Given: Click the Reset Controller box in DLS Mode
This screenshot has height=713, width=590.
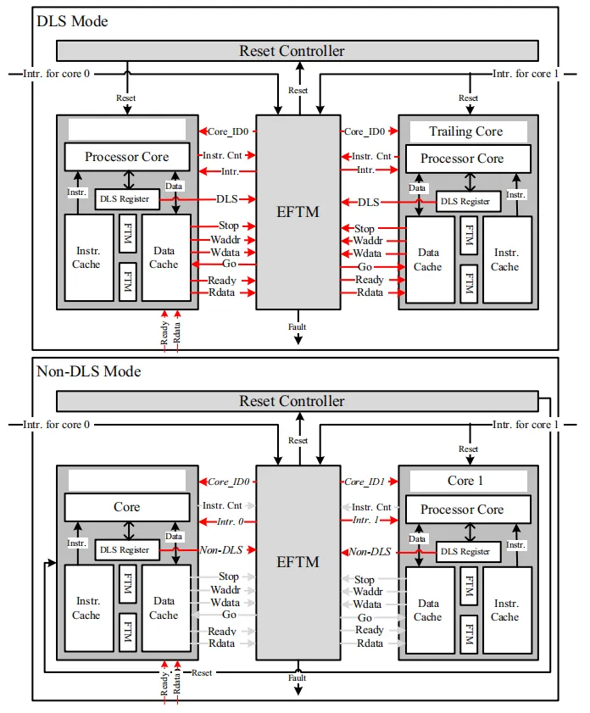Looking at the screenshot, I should pyautogui.click(x=292, y=51).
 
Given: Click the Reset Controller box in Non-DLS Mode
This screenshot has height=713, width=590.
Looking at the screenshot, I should pyautogui.click(x=292, y=401).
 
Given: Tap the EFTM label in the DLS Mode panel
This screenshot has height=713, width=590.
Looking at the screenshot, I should pyautogui.click(x=298, y=211).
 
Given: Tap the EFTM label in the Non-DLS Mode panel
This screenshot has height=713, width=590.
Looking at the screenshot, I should pyautogui.click(x=298, y=561).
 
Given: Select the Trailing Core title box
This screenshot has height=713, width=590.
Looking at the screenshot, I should pyautogui.click(x=465, y=131).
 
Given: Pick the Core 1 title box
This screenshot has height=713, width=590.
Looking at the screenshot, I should pyautogui.click(x=465, y=481).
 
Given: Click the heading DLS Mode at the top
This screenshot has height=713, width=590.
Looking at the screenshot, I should pyautogui.click(x=72, y=21).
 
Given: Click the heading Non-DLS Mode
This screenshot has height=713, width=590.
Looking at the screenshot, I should pyautogui.click(x=88, y=371).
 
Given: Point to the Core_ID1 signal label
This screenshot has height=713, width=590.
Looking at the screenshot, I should pyautogui.click(x=365, y=482).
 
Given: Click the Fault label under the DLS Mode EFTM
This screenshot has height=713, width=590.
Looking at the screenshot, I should pyautogui.click(x=298, y=326).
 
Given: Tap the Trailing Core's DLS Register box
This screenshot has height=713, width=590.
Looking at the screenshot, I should pyautogui.click(x=465, y=201).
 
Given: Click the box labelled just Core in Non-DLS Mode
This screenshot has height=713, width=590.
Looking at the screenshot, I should pyautogui.click(x=127, y=507).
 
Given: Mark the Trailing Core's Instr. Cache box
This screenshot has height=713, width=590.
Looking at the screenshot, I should pyautogui.click(x=507, y=259).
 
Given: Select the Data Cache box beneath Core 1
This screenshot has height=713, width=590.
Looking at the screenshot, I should pyautogui.click(x=429, y=610).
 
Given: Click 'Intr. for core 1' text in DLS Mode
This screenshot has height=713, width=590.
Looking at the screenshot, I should pyautogui.click(x=526, y=74).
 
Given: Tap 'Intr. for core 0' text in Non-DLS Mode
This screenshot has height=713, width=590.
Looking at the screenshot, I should pyautogui.click(x=56, y=424).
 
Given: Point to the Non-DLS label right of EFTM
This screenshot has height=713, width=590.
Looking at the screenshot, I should pyautogui.click(x=370, y=551).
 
